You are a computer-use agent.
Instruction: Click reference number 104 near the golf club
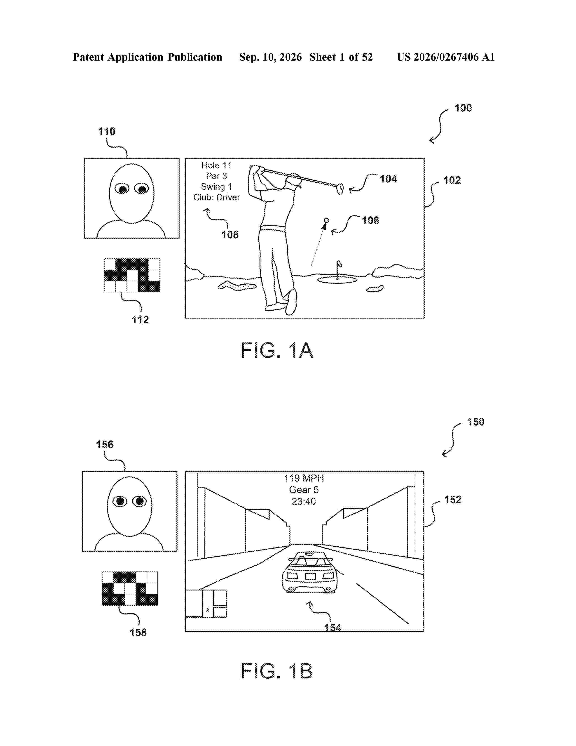coord(388,179)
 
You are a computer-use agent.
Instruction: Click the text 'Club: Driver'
coord(217,197)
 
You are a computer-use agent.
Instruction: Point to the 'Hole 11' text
coord(217,166)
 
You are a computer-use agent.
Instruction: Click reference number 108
coord(230,235)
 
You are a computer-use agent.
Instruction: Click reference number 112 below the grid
coord(140,320)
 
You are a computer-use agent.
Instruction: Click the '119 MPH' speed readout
coord(304,478)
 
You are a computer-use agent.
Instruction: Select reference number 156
coord(105,444)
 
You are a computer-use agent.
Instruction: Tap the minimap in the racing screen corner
coord(206,604)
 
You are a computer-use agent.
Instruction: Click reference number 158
coord(138,633)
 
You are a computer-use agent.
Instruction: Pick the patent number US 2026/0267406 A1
coord(446,57)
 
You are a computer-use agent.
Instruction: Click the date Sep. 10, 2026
coord(271,57)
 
